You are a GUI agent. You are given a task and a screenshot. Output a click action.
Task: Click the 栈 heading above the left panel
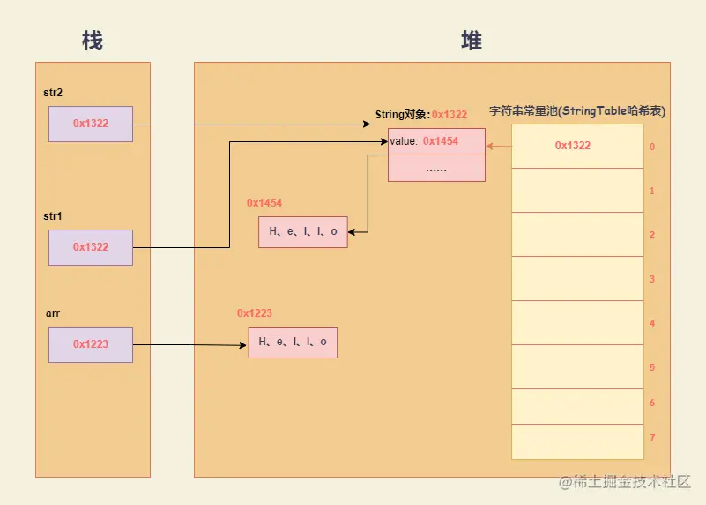coord(93,41)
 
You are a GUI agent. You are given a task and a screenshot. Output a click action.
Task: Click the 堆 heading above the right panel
coord(472,41)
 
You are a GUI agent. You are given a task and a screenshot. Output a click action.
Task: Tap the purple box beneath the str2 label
coord(91,124)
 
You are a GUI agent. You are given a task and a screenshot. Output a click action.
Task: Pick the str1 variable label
coord(53,216)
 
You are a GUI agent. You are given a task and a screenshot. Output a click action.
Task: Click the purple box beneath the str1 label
coord(91,247)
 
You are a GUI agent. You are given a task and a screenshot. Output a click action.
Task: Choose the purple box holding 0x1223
coord(91,344)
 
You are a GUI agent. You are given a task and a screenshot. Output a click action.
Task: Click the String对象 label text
coord(403,115)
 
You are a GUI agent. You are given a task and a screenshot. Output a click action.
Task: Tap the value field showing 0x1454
coord(436,141)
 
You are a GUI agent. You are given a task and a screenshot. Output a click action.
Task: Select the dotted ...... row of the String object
coord(436,168)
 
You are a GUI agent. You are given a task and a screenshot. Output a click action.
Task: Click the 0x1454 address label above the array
coord(264,203)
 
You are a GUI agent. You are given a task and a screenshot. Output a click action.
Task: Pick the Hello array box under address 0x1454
coord(303,231)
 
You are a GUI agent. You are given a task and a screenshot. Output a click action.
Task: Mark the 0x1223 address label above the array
coord(255,313)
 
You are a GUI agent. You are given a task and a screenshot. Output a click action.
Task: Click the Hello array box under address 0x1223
coord(293,342)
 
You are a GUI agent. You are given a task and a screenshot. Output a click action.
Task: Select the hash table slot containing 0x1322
coord(577,146)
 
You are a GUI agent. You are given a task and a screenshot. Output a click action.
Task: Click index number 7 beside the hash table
coord(651,439)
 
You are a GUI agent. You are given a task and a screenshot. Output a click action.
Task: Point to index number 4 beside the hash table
coord(651,324)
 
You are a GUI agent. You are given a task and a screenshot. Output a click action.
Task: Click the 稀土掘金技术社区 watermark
coord(630,483)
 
